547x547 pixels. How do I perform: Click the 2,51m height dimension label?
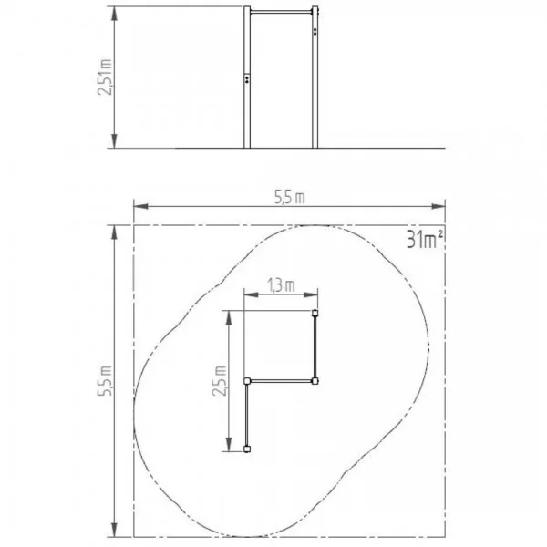(105, 77)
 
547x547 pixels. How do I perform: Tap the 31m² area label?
(425, 240)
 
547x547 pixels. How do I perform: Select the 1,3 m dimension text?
(281, 285)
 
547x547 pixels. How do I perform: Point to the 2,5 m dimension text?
(220, 380)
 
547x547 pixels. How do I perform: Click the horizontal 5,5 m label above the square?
(290, 198)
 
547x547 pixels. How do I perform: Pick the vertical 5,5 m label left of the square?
(105, 380)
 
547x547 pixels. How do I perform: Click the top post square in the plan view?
(315, 313)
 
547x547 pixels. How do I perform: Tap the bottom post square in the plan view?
(247, 449)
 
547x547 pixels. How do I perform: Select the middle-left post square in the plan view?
(247, 380)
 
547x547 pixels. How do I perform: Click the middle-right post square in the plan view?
(315, 380)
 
